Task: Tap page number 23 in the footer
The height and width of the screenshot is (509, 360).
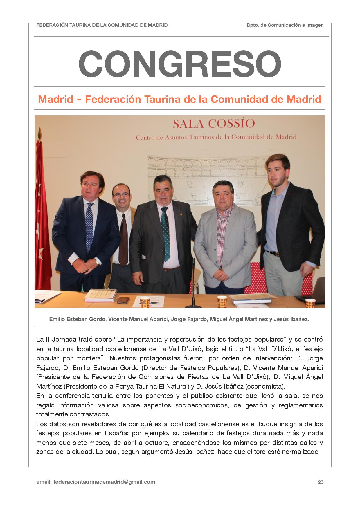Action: (x=321, y=482)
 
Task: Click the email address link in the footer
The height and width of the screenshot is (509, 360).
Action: (x=104, y=482)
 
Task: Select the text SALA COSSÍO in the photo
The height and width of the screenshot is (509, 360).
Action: (x=214, y=124)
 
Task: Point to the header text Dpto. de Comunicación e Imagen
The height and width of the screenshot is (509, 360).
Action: (x=285, y=25)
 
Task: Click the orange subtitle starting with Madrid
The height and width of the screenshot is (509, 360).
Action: (x=180, y=99)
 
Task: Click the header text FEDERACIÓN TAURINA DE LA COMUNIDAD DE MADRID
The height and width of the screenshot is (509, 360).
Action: (x=102, y=25)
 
